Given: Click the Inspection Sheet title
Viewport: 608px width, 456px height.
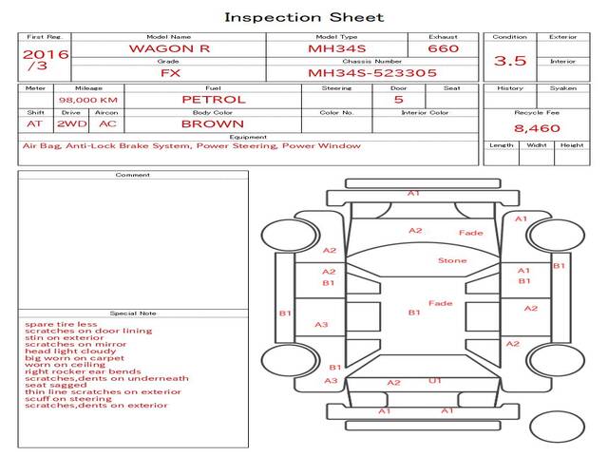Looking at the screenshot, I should click(x=304, y=17).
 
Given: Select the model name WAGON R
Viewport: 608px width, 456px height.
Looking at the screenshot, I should click(x=168, y=48).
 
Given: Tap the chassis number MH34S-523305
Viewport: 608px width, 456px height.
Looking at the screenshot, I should click(x=372, y=72).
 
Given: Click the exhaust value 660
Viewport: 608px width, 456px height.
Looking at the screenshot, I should click(x=443, y=48).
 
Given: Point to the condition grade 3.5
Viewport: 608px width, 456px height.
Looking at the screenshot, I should click(x=510, y=61).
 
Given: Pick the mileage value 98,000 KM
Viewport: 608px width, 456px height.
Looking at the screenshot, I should click(x=87, y=99).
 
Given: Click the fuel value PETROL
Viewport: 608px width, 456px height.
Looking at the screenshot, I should click(x=214, y=99).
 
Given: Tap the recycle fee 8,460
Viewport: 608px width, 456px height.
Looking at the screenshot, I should click(x=537, y=127).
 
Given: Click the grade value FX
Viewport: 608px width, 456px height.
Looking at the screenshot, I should click(x=168, y=72).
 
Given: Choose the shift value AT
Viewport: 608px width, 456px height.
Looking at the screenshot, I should click(x=34, y=123).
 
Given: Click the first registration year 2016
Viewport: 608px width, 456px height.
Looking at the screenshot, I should click(x=45, y=54).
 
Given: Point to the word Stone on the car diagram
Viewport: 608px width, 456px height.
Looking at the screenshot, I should click(x=452, y=260).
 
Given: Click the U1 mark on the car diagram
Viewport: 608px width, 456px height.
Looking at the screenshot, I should click(x=435, y=381).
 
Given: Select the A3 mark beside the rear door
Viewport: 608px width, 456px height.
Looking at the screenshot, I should click(x=322, y=325).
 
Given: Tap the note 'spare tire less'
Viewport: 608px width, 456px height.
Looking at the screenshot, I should click(x=61, y=324).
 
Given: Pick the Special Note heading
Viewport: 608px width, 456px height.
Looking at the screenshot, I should click(x=132, y=313).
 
